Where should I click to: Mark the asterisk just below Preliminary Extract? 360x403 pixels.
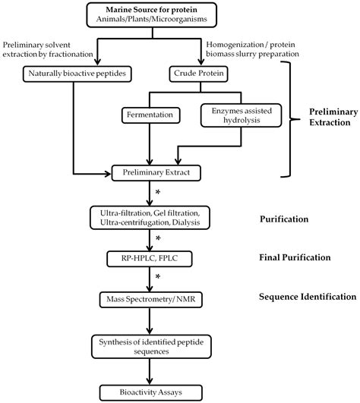[157, 194]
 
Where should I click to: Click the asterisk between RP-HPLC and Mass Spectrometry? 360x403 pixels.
[157, 278]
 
